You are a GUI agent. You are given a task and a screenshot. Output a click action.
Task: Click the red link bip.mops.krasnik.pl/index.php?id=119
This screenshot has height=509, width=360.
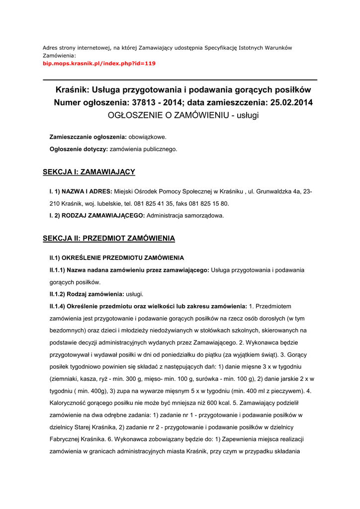tap(99, 64)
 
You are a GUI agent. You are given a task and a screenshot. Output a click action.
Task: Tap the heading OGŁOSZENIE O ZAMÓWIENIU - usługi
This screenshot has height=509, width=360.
tap(183, 115)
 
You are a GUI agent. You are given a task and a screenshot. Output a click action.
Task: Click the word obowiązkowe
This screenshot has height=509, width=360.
tap(148, 137)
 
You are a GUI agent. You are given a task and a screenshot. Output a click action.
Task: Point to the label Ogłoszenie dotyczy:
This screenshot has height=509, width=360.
tap(79, 149)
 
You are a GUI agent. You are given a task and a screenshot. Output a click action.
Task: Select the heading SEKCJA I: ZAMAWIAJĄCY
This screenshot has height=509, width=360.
tap(89, 172)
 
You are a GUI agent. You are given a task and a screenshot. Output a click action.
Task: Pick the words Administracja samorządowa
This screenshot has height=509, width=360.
tap(185, 216)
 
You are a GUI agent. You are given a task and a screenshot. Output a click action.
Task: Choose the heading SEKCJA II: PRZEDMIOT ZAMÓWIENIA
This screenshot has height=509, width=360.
tap(109, 239)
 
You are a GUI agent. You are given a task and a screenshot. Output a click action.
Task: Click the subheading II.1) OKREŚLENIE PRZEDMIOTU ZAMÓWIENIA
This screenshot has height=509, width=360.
tap(116, 258)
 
